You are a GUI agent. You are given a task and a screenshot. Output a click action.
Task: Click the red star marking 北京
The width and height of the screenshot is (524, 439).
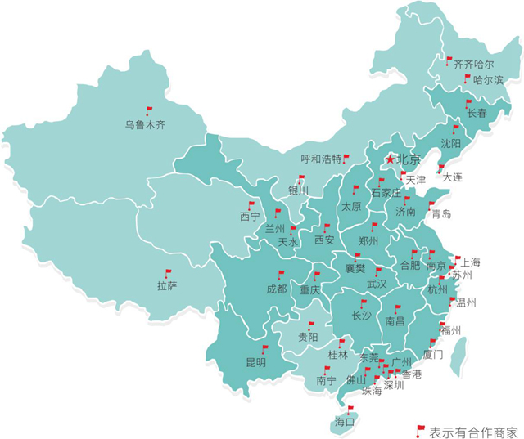tap(391, 159)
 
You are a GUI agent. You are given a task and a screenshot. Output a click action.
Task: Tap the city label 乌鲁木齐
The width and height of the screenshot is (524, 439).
tap(145, 126)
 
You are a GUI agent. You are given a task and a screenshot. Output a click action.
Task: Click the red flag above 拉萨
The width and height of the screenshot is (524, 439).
tap(168, 273)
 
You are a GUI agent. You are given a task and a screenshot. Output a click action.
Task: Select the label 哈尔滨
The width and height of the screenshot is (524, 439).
tap(488, 80)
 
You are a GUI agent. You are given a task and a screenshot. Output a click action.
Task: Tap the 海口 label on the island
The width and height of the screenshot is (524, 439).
tap(345, 422)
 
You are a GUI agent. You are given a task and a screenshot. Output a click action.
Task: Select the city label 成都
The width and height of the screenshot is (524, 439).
tap(276, 289)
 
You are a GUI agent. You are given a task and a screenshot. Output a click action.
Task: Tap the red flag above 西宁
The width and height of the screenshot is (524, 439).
tap(251, 205)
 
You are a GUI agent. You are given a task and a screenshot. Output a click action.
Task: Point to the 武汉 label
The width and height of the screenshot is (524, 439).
tap(377, 284)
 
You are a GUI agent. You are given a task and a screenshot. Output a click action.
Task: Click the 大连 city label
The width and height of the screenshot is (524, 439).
tap(452, 177)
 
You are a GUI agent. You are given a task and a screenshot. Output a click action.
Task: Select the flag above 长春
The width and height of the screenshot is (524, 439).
tap(468, 103)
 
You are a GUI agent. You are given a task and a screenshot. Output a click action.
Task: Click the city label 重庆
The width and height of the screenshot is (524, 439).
tap(309, 289)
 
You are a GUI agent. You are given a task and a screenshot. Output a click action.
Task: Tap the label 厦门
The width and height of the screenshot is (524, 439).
tap(433, 355)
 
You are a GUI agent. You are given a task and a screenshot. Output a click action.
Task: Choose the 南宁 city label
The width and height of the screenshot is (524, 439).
tap(326, 381)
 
